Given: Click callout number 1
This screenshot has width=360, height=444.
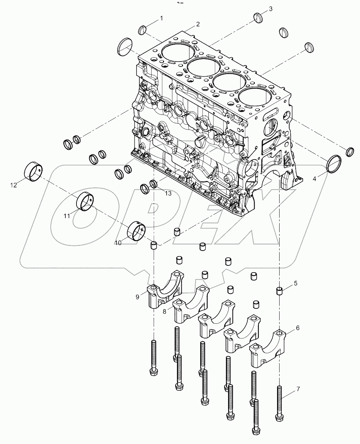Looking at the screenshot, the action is [x=161, y=18].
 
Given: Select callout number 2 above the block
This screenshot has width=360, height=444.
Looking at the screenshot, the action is [x=197, y=24].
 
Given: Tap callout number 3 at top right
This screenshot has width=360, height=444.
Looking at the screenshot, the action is [x=271, y=9].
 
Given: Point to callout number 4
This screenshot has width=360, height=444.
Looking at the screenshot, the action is [x=315, y=179].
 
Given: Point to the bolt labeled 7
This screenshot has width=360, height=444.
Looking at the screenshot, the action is [x=279, y=402].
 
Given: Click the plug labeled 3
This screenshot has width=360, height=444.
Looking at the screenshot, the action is [x=259, y=17].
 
